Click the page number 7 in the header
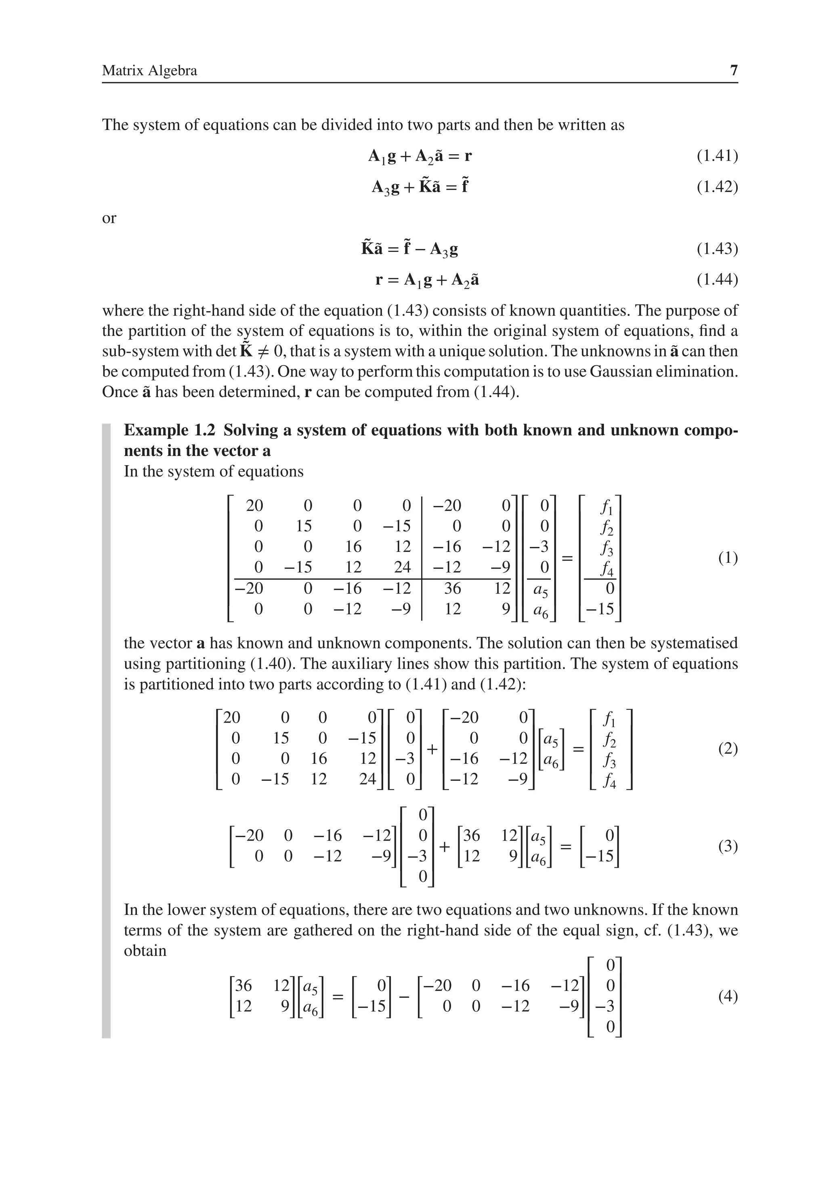[x=733, y=70]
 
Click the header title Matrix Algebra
[x=149, y=70]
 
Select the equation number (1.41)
[x=717, y=155]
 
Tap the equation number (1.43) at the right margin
[x=717, y=249]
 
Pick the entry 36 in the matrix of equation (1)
[x=452, y=588]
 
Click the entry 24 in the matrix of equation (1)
[x=402, y=568]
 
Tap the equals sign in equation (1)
[x=567, y=558]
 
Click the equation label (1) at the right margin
[x=728, y=558]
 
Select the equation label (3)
[x=728, y=846]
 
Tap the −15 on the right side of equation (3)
[x=601, y=856]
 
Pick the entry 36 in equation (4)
[x=243, y=986]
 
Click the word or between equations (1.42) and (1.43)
[x=109, y=218]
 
